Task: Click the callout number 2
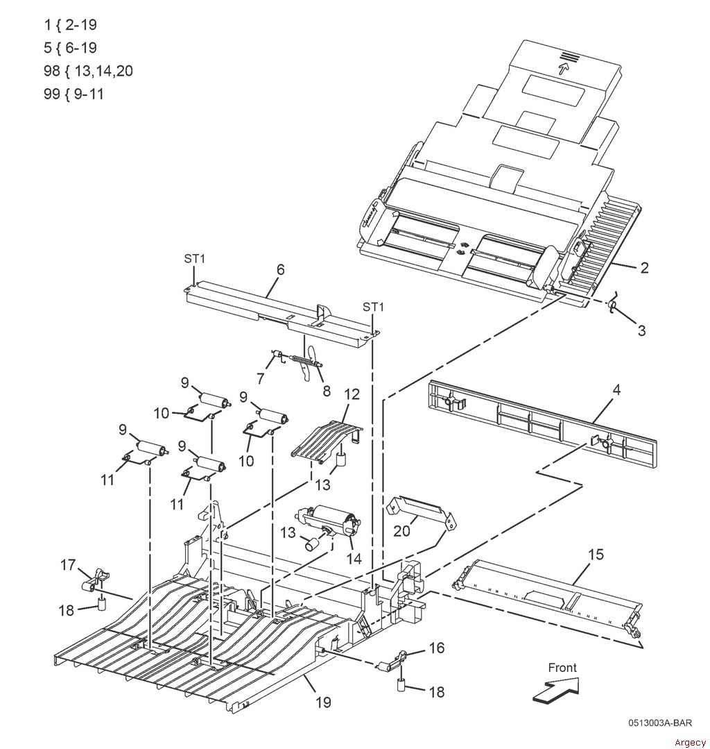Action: tap(644, 268)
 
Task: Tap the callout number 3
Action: tap(641, 331)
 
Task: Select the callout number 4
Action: tap(616, 389)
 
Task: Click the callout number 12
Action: tap(352, 394)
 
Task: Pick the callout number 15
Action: tap(596, 555)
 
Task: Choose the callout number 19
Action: tap(323, 702)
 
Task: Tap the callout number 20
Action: tap(402, 531)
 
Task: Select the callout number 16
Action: tap(436, 648)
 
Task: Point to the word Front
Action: tap(562, 668)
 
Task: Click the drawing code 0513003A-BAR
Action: tap(659, 722)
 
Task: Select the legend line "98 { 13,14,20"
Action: tap(88, 71)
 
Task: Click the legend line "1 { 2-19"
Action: tap(69, 25)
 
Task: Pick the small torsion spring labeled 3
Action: tap(612, 305)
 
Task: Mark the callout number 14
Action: tap(354, 558)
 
